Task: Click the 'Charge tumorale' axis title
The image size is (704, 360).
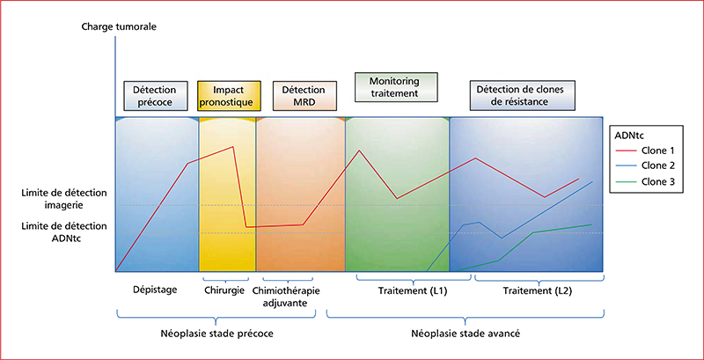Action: (x=119, y=26)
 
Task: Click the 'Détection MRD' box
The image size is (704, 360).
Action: (x=304, y=96)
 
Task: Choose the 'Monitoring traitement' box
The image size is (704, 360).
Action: (x=396, y=87)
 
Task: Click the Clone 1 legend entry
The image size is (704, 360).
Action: (x=645, y=150)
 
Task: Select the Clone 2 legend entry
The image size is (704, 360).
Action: (x=645, y=165)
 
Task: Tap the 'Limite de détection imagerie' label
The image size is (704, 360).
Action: (x=64, y=198)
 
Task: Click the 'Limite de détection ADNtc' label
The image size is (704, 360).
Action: (x=64, y=231)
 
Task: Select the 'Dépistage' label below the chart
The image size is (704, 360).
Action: (x=156, y=290)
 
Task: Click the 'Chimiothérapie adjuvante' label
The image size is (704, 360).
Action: (x=287, y=297)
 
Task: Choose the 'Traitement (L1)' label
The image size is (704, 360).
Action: (x=411, y=290)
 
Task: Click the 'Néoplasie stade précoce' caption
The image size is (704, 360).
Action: (x=216, y=334)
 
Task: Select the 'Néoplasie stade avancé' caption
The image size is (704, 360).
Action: (x=466, y=334)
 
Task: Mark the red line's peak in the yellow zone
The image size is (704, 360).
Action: (x=232, y=147)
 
